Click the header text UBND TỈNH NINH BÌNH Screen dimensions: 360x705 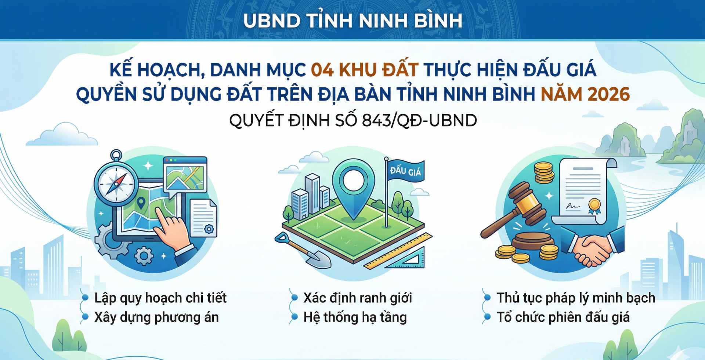click(352, 21)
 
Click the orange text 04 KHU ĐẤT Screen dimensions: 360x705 click(364, 70)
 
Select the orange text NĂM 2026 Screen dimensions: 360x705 click(585, 94)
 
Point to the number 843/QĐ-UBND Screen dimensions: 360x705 click(419, 120)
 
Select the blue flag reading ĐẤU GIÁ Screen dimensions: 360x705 click(405, 171)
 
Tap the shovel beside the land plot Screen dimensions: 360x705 click(305, 251)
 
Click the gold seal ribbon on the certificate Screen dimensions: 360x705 click(594, 206)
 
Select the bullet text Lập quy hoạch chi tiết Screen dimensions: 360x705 click(160, 298)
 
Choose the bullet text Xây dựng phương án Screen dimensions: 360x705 click(156, 317)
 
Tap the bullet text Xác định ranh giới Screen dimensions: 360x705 click(357, 298)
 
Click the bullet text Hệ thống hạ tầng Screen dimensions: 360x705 click(355, 317)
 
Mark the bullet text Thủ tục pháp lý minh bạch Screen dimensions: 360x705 click(575, 298)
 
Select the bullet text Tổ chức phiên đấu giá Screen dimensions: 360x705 click(563, 317)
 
